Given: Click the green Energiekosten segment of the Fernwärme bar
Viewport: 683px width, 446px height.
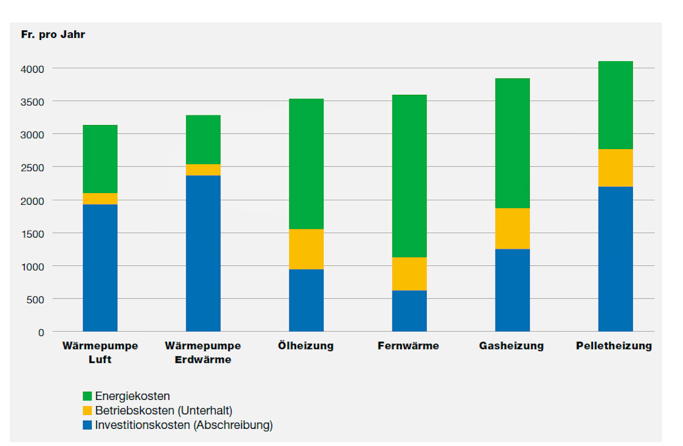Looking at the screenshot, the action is (x=409, y=176).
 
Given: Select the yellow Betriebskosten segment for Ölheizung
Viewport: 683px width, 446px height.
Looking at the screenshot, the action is (x=306, y=249).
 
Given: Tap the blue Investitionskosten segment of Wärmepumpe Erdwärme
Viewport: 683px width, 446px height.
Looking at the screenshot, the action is (x=203, y=254).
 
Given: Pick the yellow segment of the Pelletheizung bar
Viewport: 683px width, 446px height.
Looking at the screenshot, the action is (x=616, y=168).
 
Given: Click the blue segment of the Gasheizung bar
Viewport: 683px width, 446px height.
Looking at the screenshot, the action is (x=513, y=290).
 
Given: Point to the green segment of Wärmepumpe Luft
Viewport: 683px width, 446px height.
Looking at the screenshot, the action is (x=100, y=159).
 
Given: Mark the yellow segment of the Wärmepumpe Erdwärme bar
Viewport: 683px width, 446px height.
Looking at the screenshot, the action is (x=203, y=170).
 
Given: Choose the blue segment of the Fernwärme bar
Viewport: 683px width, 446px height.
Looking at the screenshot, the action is (x=409, y=311).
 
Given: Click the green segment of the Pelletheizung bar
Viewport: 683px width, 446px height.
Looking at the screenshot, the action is (x=616, y=105).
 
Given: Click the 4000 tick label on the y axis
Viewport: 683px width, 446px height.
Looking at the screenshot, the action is (x=32, y=69).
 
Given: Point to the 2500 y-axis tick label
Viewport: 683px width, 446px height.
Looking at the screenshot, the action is (x=32, y=168).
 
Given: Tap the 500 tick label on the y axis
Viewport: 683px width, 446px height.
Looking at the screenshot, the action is (x=35, y=300).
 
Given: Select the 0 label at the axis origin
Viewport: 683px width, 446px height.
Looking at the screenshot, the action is (x=41, y=333).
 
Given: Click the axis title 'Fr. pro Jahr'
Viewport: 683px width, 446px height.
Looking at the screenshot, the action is (x=53, y=34).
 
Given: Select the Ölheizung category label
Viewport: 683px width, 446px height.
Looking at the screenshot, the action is (x=306, y=346).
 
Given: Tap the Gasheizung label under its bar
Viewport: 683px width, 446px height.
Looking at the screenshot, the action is (x=511, y=346).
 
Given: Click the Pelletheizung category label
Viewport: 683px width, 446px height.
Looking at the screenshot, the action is (x=614, y=346).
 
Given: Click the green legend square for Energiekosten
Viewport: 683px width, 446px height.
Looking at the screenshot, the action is (x=87, y=396).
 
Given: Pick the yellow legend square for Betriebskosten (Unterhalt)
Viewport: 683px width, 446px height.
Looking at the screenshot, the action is (x=87, y=410).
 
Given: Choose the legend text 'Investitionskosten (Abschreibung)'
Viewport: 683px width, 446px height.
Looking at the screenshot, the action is (x=184, y=425).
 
